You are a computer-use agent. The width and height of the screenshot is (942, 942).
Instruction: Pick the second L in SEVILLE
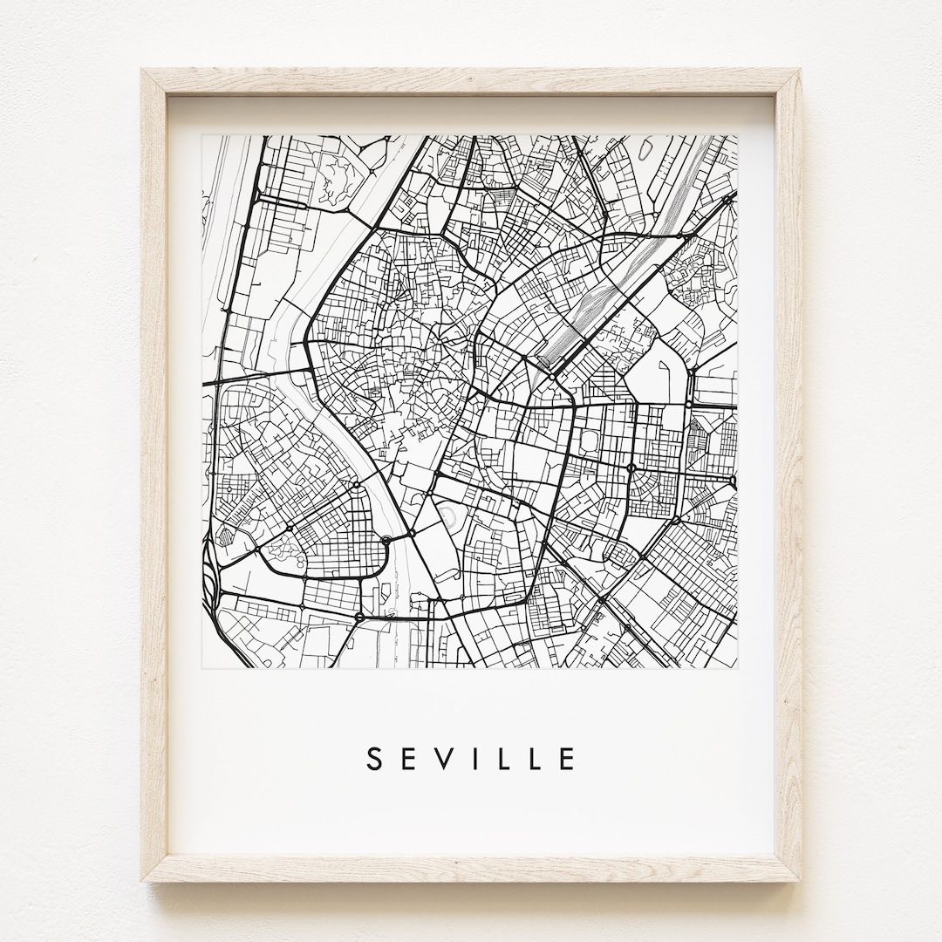[x=534, y=759]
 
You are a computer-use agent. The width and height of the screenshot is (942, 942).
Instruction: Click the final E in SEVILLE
[x=568, y=759]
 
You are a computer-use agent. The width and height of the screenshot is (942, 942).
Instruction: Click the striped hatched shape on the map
[x=224, y=535]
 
